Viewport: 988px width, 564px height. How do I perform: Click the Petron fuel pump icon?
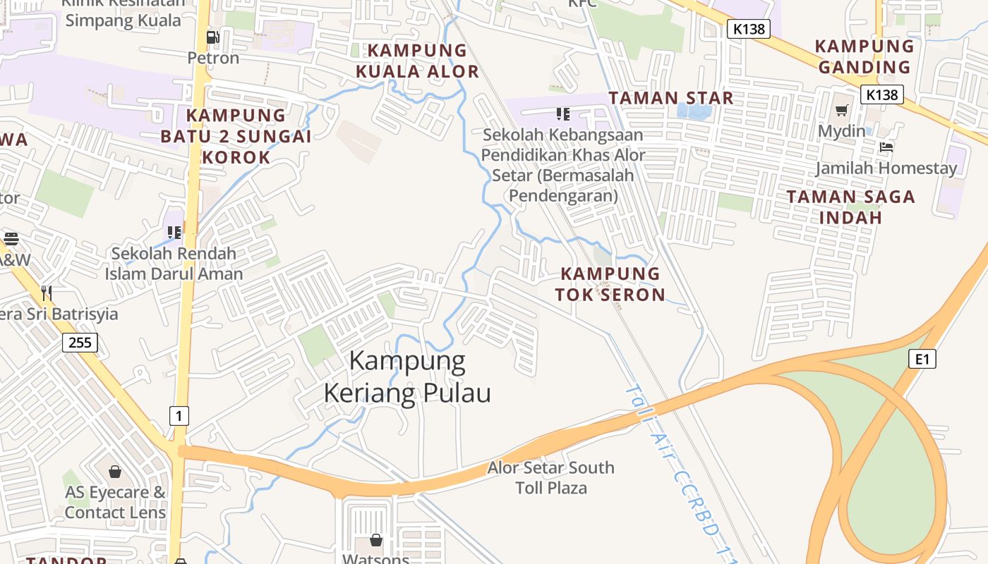(x=212, y=37)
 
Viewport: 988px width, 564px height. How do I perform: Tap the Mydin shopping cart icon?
(x=841, y=111)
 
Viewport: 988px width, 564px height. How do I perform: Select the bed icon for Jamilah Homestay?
(x=886, y=147)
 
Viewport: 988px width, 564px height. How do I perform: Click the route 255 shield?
(x=80, y=343)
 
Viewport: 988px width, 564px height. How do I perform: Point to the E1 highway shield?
(x=922, y=359)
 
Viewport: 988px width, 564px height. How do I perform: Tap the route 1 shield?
(x=179, y=415)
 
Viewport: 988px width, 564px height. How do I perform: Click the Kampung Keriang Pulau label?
(x=407, y=377)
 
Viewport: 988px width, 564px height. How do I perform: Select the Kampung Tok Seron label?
(x=610, y=284)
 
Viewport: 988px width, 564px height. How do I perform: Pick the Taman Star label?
(x=671, y=98)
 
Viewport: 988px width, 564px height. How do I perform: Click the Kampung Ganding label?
(x=864, y=57)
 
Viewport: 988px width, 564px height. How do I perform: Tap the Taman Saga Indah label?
(x=851, y=207)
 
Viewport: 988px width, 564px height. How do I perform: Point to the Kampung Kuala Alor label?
(x=417, y=61)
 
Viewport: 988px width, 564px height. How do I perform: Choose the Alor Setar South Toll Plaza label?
(x=551, y=477)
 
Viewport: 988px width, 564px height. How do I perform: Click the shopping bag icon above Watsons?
(x=376, y=540)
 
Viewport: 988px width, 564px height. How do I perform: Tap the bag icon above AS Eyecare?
(x=115, y=471)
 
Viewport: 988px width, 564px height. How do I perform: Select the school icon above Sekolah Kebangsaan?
(x=562, y=114)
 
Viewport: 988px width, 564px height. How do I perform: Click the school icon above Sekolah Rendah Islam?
(x=174, y=232)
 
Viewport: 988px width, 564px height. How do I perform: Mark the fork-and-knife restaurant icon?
(x=47, y=293)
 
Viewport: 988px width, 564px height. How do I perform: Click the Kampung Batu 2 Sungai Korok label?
(x=236, y=136)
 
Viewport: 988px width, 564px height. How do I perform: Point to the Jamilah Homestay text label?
(x=886, y=168)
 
